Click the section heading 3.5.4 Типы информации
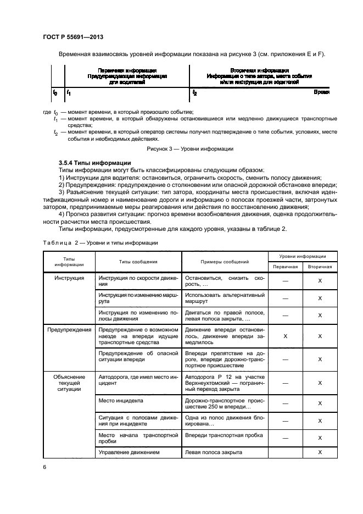94,163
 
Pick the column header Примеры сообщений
225,262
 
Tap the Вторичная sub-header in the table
320,266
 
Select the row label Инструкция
69,278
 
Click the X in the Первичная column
285,335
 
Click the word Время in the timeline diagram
322,93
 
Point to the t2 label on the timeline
194,93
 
